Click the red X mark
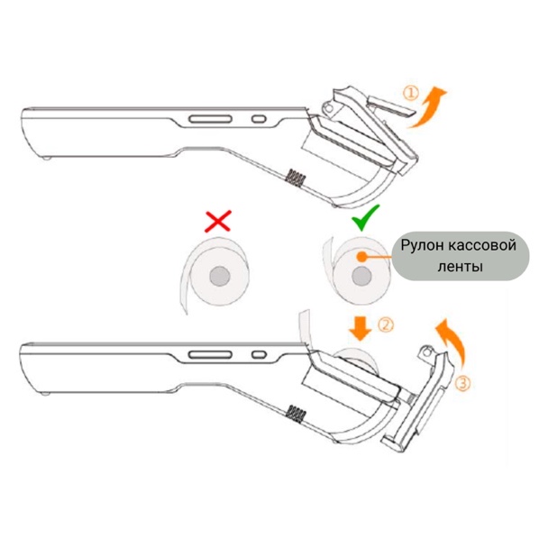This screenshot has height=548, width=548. click(218, 221)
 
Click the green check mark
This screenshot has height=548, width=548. click(365, 218)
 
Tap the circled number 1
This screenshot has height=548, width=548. click(411, 94)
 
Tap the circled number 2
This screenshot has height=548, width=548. click(386, 325)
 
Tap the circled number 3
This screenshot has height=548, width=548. click(462, 383)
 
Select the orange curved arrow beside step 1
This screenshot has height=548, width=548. click(427, 106)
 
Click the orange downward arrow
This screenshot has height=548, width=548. click(361, 329)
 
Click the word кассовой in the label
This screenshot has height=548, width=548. click(481, 245)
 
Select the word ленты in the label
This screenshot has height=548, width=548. click(461, 267)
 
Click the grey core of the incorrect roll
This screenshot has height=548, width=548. click(220, 277)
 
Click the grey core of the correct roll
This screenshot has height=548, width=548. click(361, 277)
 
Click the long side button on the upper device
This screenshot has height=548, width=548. click(210, 119)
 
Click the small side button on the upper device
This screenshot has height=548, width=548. click(259, 119)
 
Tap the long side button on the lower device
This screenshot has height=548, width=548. click(210, 355)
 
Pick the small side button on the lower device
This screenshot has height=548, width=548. click(259, 355)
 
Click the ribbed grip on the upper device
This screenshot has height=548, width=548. click(296, 178)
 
